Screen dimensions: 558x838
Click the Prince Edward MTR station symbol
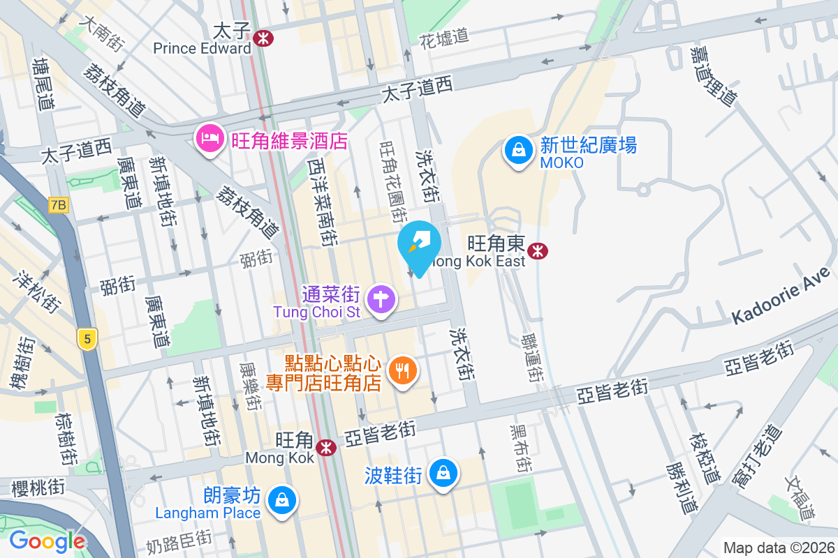click(263, 39)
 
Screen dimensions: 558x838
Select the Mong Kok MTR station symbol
click(325, 447)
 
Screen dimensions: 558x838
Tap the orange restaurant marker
click(402, 370)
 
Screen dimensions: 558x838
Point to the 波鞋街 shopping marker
click(443, 474)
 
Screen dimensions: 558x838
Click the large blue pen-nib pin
click(419, 246)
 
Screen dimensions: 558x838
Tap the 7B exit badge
click(59, 205)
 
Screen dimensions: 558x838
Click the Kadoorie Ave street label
click(782, 296)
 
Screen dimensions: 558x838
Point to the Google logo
click(47, 541)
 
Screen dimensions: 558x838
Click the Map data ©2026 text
click(779, 548)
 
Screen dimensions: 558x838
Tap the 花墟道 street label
click(444, 39)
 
